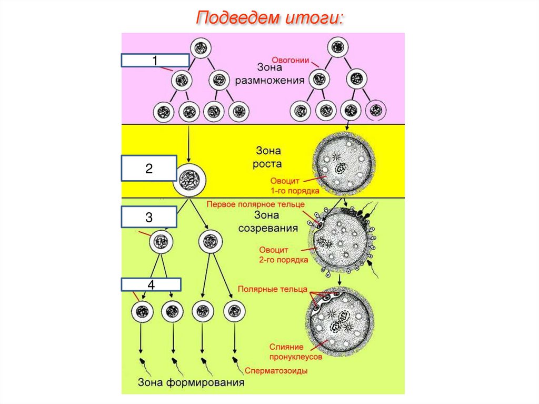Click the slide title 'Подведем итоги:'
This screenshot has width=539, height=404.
(269, 18)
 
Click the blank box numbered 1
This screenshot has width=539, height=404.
(155, 61)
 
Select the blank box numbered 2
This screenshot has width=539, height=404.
(149, 169)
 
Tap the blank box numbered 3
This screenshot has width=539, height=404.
(149, 217)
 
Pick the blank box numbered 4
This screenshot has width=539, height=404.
(151, 285)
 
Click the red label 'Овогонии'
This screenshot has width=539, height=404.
(290, 60)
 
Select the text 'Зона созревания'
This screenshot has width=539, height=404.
(268, 222)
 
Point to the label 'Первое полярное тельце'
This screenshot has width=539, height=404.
(255, 204)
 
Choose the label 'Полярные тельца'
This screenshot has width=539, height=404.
(272, 289)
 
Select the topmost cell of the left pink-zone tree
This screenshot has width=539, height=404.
(201, 48)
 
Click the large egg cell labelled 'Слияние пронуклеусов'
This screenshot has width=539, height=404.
(339, 322)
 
